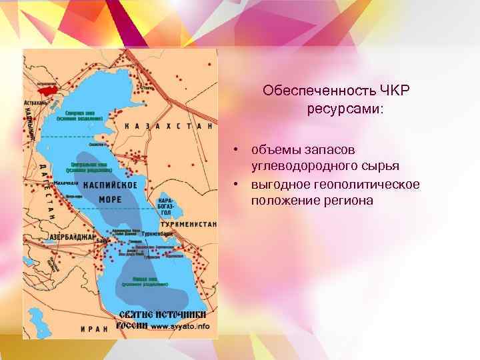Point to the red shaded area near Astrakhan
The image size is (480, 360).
(x=51, y=87)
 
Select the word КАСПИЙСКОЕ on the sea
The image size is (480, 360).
(x=111, y=185)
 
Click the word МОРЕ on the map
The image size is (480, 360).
(x=111, y=198)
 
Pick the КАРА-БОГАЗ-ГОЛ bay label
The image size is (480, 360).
(x=166, y=205)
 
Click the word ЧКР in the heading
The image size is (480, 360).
(x=393, y=90)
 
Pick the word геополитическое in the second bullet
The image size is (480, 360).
(x=376, y=183)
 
